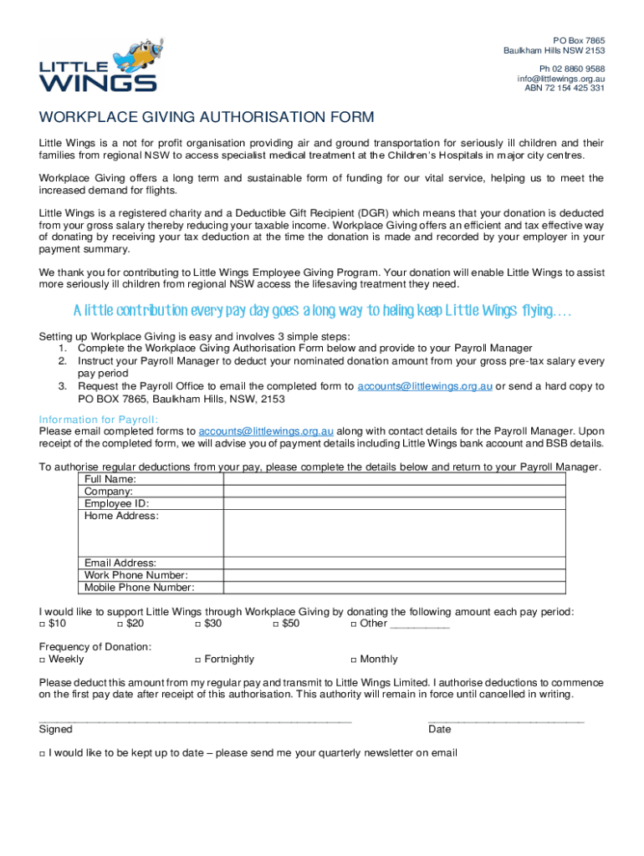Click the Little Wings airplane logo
pos(98,64)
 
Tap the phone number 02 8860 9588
pos(572,69)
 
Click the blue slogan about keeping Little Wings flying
pos(322,311)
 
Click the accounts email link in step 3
pos(425,386)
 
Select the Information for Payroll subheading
pos(99,420)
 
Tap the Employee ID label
pos(116,503)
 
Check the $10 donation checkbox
pos(43,624)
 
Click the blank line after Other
pos(420,625)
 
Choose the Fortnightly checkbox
pos(197,660)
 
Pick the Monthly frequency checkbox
pos(354,660)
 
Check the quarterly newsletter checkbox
pos(43,754)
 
